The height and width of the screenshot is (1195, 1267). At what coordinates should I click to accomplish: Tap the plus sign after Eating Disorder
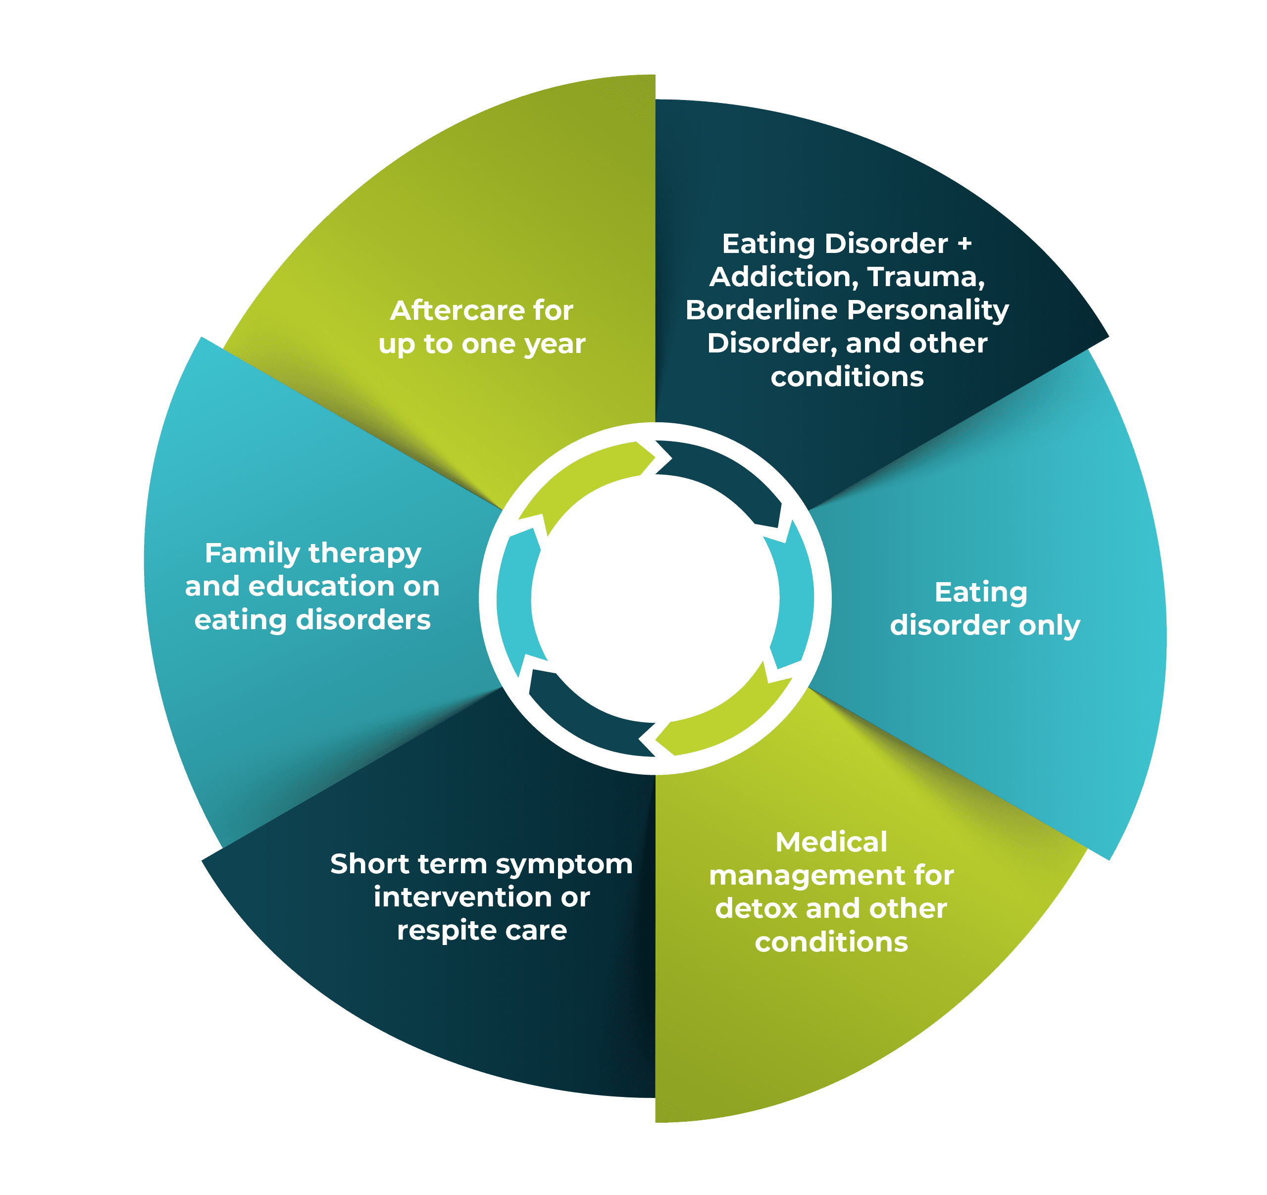[964, 244]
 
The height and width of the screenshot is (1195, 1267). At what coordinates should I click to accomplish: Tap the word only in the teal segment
[1049, 625]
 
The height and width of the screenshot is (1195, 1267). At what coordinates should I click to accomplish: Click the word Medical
[831, 842]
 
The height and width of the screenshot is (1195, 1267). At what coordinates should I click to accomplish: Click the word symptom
[564, 864]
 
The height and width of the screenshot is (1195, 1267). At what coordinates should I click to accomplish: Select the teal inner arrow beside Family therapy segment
[515, 599]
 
